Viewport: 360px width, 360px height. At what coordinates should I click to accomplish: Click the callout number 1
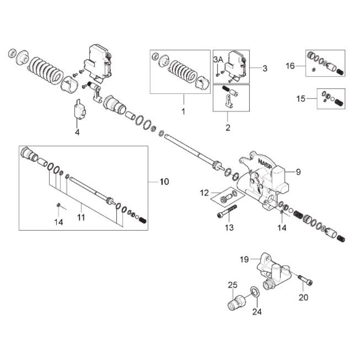click(x=183, y=112)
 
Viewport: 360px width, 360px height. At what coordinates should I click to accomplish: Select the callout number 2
click(x=228, y=128)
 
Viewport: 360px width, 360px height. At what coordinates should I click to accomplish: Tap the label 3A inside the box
click(x=218, y=60)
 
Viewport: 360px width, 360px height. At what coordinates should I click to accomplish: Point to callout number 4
click(x=77, y=132)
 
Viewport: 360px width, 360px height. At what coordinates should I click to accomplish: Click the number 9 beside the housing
click(x=298, y=172)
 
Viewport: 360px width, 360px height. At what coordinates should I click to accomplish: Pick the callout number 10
click(x=165, y=181)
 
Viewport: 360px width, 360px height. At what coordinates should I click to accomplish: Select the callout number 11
click(x=81, y=217)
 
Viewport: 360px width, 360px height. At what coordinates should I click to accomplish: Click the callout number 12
click(x=204, y=193)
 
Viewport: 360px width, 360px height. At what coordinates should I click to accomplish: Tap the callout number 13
click(x=229, y=228)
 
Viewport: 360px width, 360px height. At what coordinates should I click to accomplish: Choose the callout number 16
click(x=290, y=66)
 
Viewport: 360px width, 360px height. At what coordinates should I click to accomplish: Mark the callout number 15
click(x=301, y=99)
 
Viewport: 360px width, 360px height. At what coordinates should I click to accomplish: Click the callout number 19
click(x=244, y=260)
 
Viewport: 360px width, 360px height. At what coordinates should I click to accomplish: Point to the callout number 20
click(x=303, y=297)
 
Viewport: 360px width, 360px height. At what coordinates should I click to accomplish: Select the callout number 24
click(x=257, y=312)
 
